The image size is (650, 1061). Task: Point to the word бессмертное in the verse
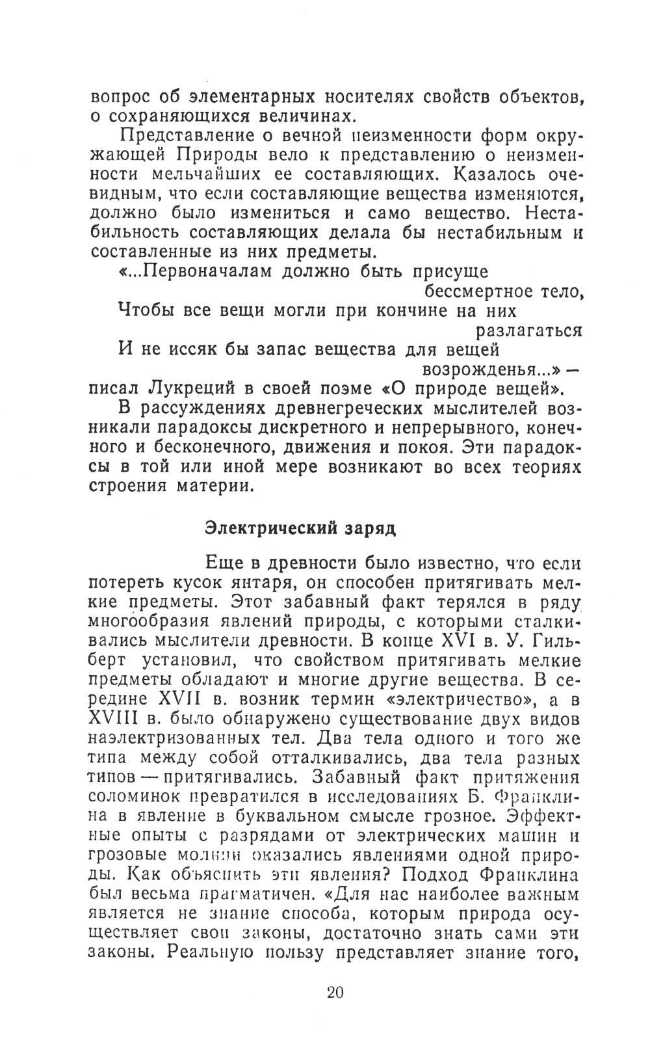pos(477,291)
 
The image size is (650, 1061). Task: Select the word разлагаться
pos(529,330)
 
